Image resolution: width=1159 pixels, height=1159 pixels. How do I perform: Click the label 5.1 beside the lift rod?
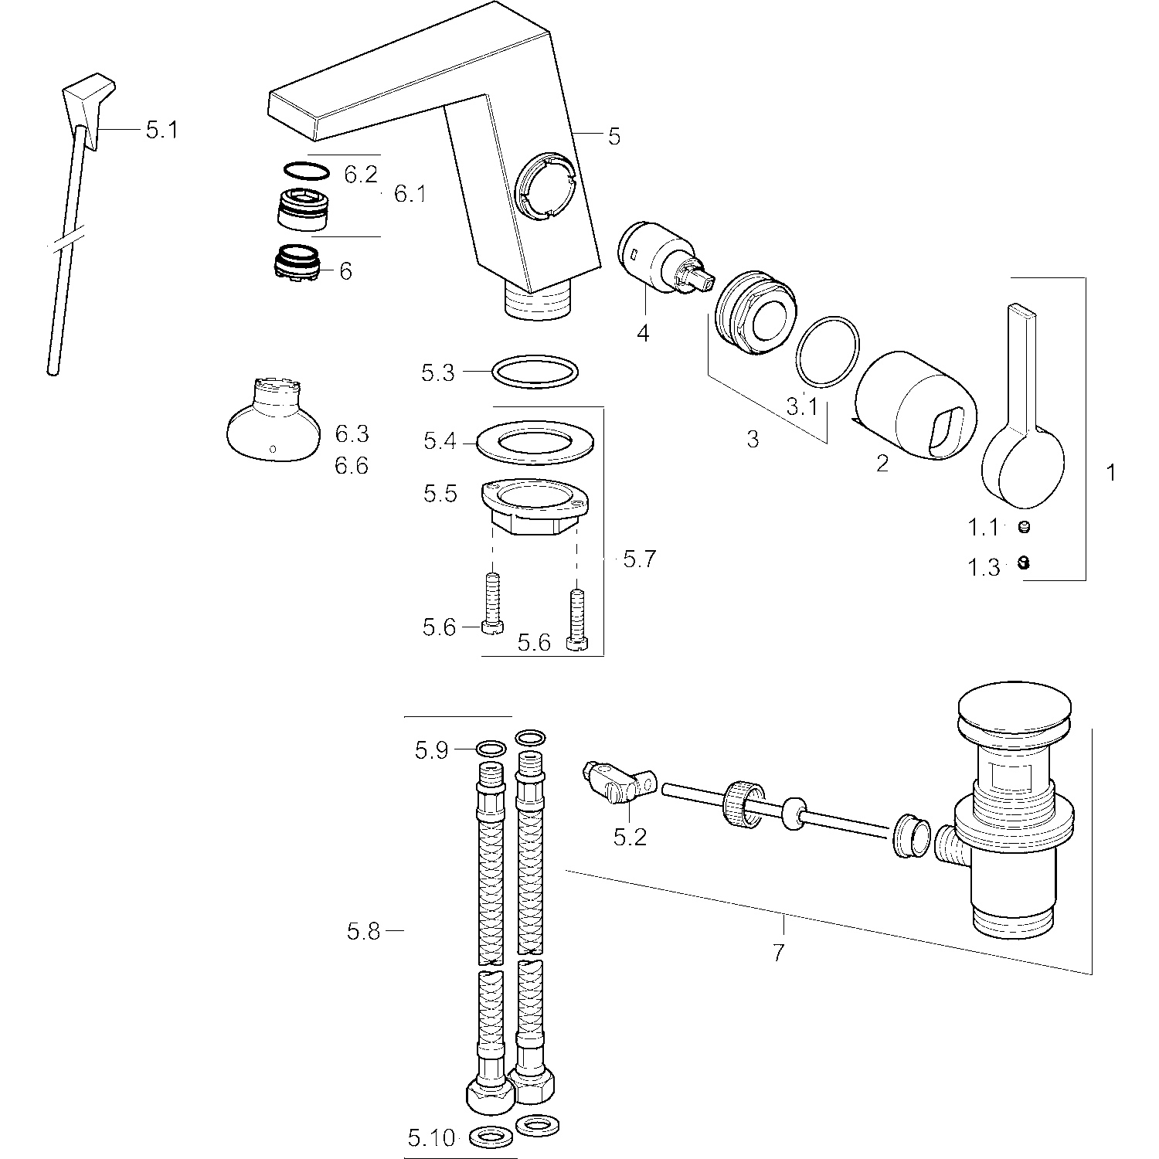click(161, 130)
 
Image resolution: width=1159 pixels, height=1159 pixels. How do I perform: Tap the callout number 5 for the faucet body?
click(613, 137)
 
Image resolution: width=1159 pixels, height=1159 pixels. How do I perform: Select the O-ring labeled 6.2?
click(307, 170)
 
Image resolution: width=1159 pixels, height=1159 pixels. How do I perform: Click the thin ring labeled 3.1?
click(828, 351)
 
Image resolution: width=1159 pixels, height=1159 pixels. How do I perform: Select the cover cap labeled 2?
click(916, 406)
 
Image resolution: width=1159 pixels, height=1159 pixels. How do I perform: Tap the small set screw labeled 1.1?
click(1025, 528)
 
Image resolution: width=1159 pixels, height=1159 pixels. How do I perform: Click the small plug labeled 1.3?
click(1025, 563)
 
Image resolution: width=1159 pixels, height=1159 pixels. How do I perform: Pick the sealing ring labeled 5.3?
click(535, 371)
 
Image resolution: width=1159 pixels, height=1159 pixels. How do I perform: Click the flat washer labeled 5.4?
click(535, 442)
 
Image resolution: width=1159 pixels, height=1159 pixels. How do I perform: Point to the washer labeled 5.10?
click(488, 1137)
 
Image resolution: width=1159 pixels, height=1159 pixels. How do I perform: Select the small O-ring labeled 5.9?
click(491, 749)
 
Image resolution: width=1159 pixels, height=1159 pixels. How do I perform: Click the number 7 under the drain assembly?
click(778, 953)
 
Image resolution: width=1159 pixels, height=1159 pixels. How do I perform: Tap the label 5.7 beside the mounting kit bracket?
click(639, 559)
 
